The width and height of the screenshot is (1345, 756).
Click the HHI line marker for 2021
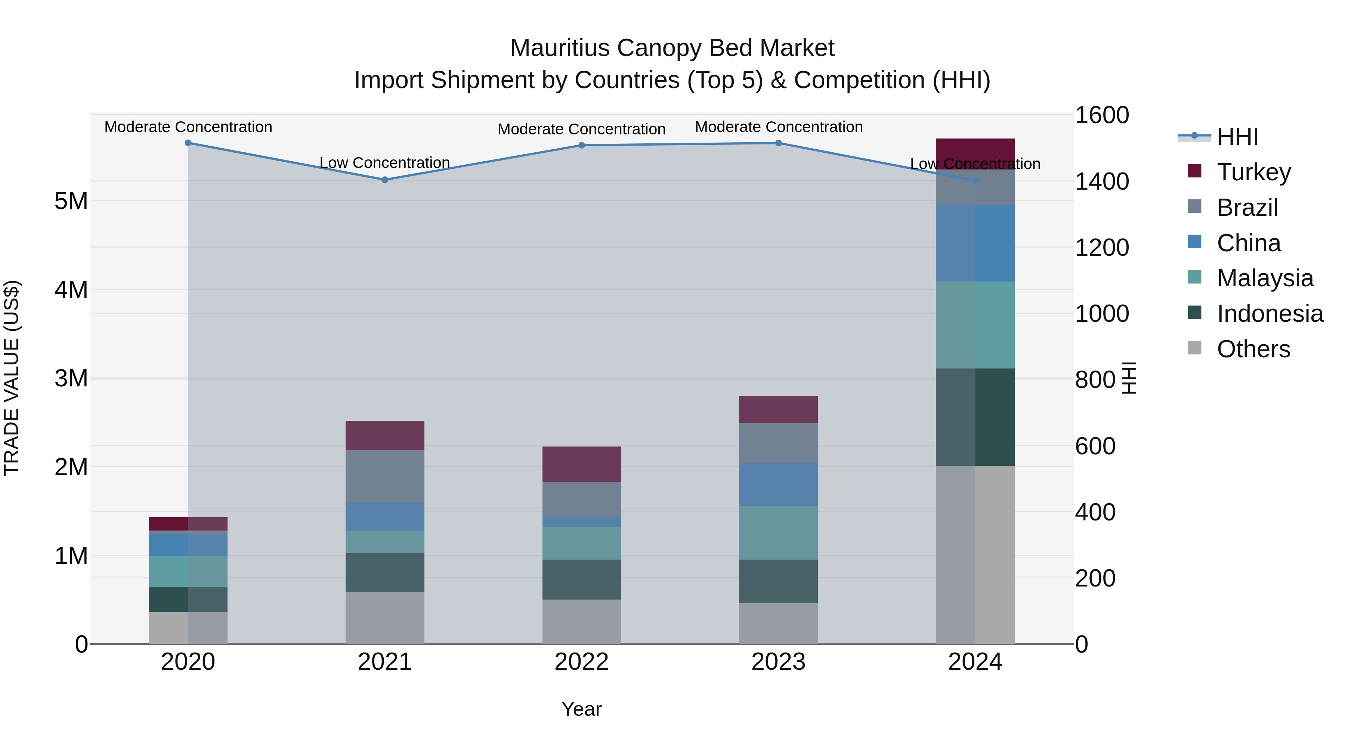click(385, 180)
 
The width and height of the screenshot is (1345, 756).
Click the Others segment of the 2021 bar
click(385, 618)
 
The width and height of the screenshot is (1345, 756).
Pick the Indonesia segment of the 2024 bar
click(975, 417)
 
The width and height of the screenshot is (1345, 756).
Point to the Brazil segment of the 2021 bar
click(385, 476)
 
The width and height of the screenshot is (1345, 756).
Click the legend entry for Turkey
click(1253, 172)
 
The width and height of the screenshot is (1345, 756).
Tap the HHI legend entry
click(1237, 137)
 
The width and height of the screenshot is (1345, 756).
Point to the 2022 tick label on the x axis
click(582, 662)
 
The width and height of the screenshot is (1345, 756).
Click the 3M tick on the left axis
click(71, 378)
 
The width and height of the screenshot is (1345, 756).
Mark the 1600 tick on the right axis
click(1102, 115)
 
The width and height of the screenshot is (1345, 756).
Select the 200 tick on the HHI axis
click(1095, 578)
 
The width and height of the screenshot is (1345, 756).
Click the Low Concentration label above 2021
click(385, 163)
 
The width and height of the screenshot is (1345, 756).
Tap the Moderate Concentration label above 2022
click(582, 129)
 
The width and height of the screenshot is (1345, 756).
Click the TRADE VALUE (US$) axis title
click(12, 378)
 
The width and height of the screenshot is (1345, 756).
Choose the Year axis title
click(582, 709)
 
